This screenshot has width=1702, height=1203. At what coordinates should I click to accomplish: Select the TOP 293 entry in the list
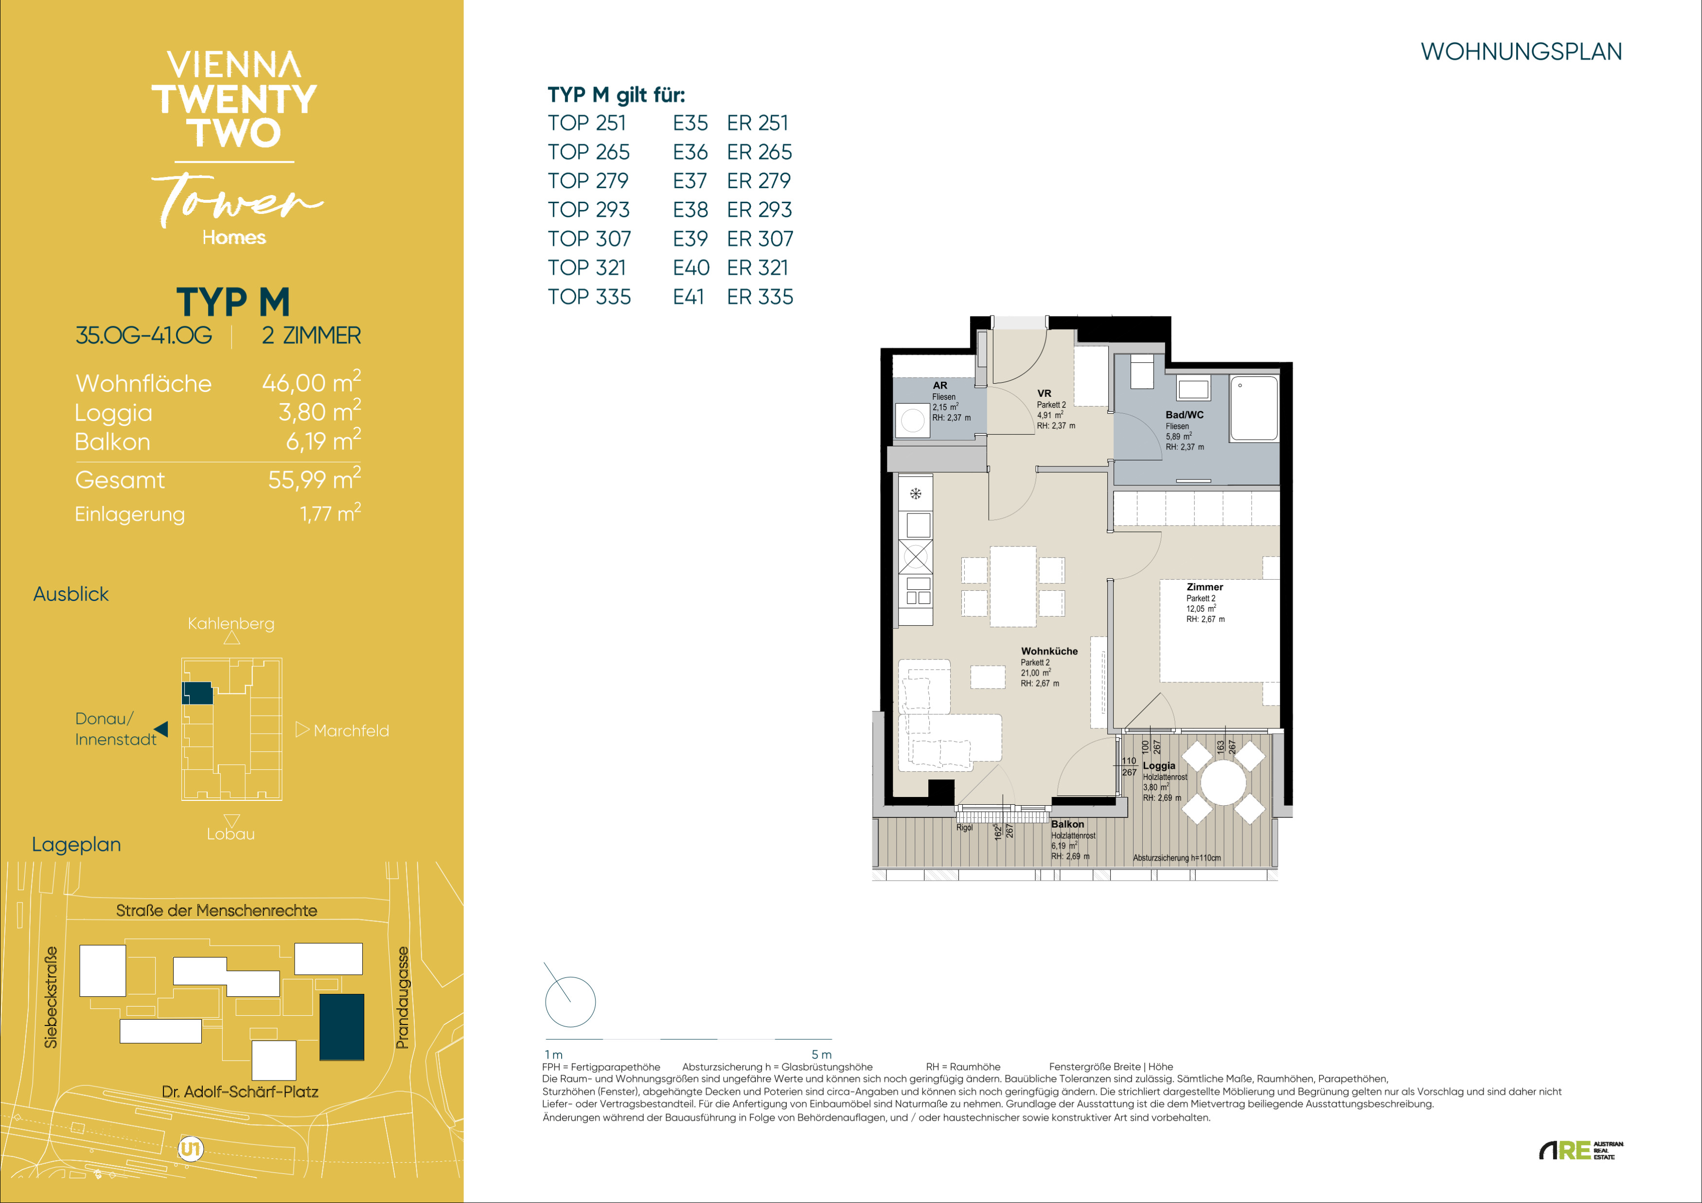(x=588, y=210)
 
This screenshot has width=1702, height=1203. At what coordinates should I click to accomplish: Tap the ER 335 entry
(x=760, y=297)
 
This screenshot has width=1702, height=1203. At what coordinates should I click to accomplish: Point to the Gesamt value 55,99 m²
(x=314, y=479)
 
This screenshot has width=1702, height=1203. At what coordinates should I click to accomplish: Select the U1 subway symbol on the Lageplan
(x=191, y=1149)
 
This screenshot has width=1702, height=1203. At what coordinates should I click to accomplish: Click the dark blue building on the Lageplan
(x=342, y=1027)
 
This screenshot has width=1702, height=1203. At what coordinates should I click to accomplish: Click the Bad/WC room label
(x=1185, y=415)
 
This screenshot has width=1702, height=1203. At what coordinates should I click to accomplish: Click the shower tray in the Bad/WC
(x=1254, y=409)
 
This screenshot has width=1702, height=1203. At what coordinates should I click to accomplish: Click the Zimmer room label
(x=1205, y=587)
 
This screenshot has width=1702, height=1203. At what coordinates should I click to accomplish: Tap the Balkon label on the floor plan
(x=1067, y=824)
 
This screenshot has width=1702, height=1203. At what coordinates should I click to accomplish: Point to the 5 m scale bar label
(x=821, y=1054)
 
